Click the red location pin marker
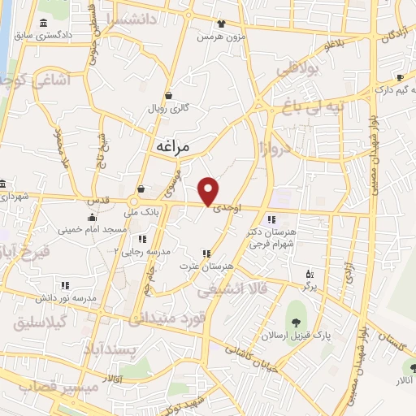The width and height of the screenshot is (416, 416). click(209, 191)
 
